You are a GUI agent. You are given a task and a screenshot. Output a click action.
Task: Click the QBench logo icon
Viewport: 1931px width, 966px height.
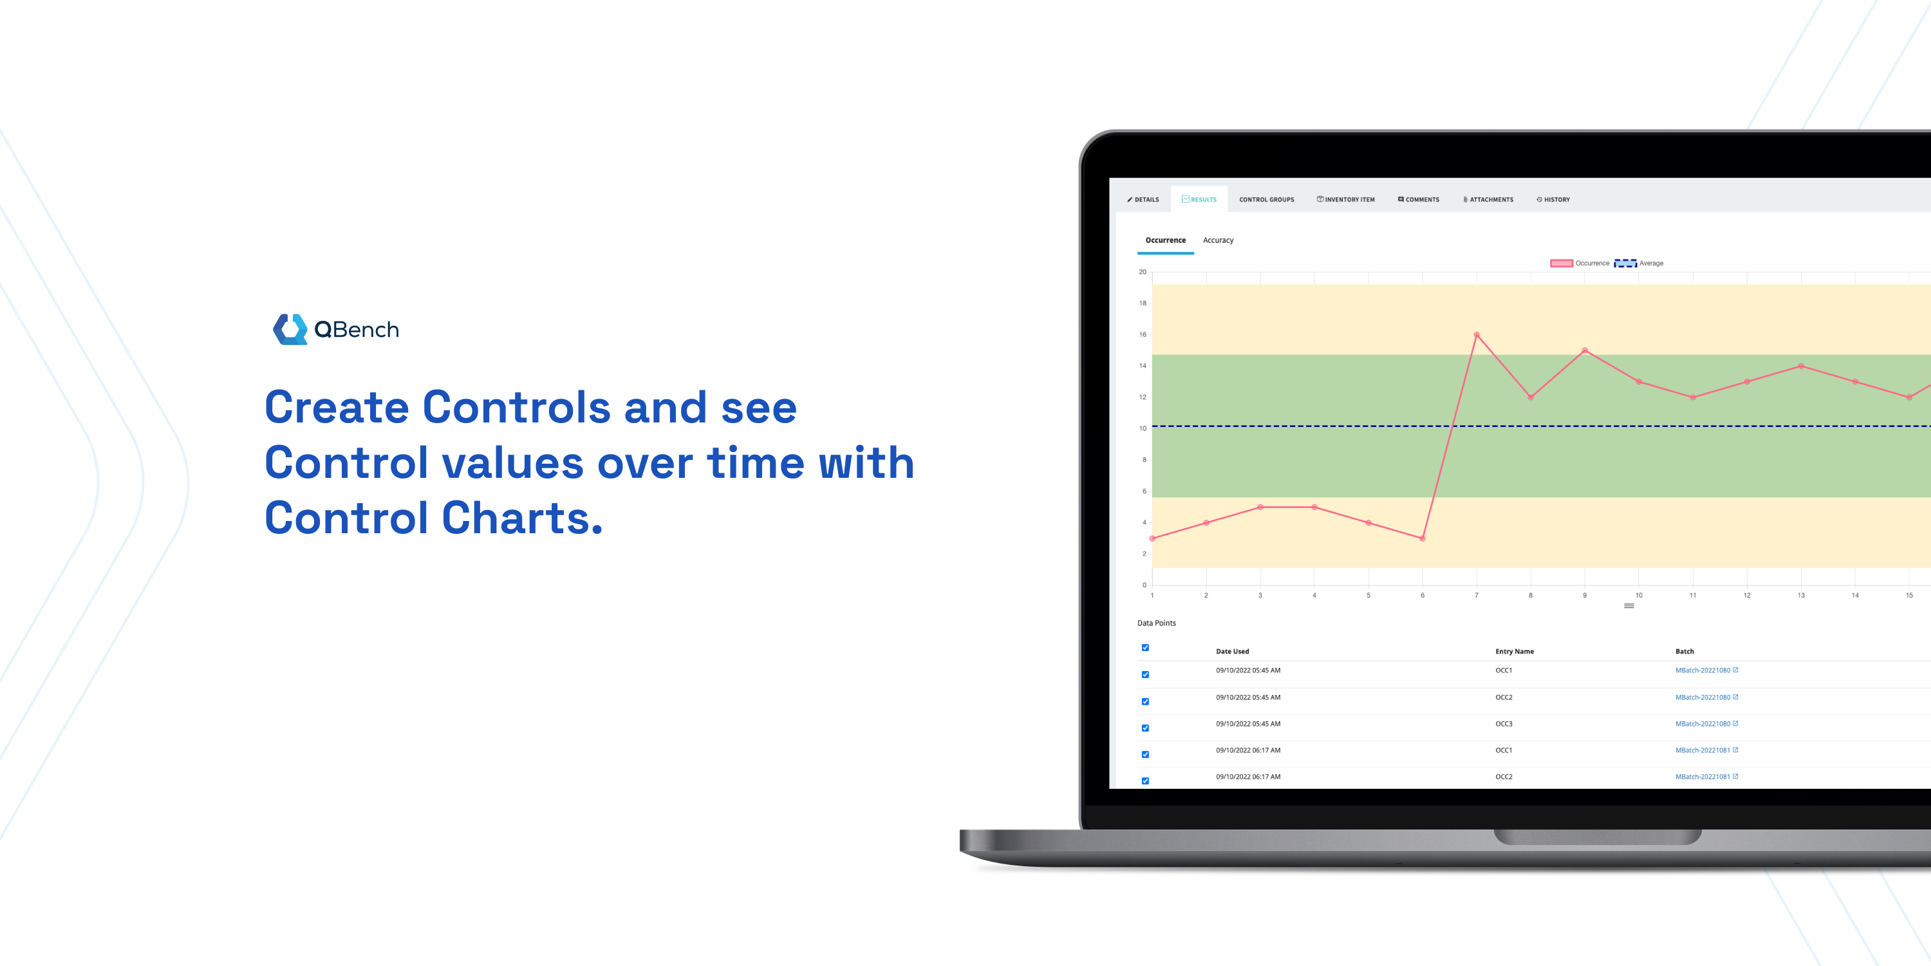click(x=290, y=329)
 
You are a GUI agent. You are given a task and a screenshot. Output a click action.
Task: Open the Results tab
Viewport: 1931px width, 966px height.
click(x=1199, y=200)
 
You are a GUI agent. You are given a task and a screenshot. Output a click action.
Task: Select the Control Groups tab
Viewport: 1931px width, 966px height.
click(x=1266, y=200)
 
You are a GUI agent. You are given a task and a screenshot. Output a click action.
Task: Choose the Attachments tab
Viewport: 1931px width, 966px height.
click(x=1488, y=200)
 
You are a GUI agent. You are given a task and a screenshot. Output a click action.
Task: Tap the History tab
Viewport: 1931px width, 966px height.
click(x=1553, y=200)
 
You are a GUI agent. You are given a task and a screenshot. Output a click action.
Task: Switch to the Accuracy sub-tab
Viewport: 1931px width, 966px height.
click(x=1217, y=241)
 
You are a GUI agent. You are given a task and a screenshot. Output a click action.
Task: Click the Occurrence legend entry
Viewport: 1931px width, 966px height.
click(x=1580, y=263)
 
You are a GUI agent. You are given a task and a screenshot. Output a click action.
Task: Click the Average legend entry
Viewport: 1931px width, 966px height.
click(x=1639, y=263)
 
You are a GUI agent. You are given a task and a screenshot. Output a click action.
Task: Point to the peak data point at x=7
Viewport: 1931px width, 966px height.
click(x=1477, y=334)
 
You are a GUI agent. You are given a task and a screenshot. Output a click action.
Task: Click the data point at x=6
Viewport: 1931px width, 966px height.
click(x=1423, y=538)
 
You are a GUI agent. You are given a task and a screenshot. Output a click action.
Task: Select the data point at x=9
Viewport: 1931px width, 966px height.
click(x=1585, y=350)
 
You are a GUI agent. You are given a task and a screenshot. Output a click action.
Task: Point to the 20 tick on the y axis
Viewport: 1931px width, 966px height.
click(x=1143, y=272)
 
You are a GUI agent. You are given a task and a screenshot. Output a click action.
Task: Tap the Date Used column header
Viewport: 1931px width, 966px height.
click(x=1233, y=652)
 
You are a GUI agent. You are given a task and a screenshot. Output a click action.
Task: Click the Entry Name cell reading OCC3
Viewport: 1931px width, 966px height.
click(x=1504, y=724)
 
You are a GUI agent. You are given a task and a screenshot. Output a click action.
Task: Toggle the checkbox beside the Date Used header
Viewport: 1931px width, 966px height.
click(x=1146, y=648)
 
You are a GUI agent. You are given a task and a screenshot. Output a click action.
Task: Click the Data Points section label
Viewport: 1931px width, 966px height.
click(x=1157, y=623)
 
